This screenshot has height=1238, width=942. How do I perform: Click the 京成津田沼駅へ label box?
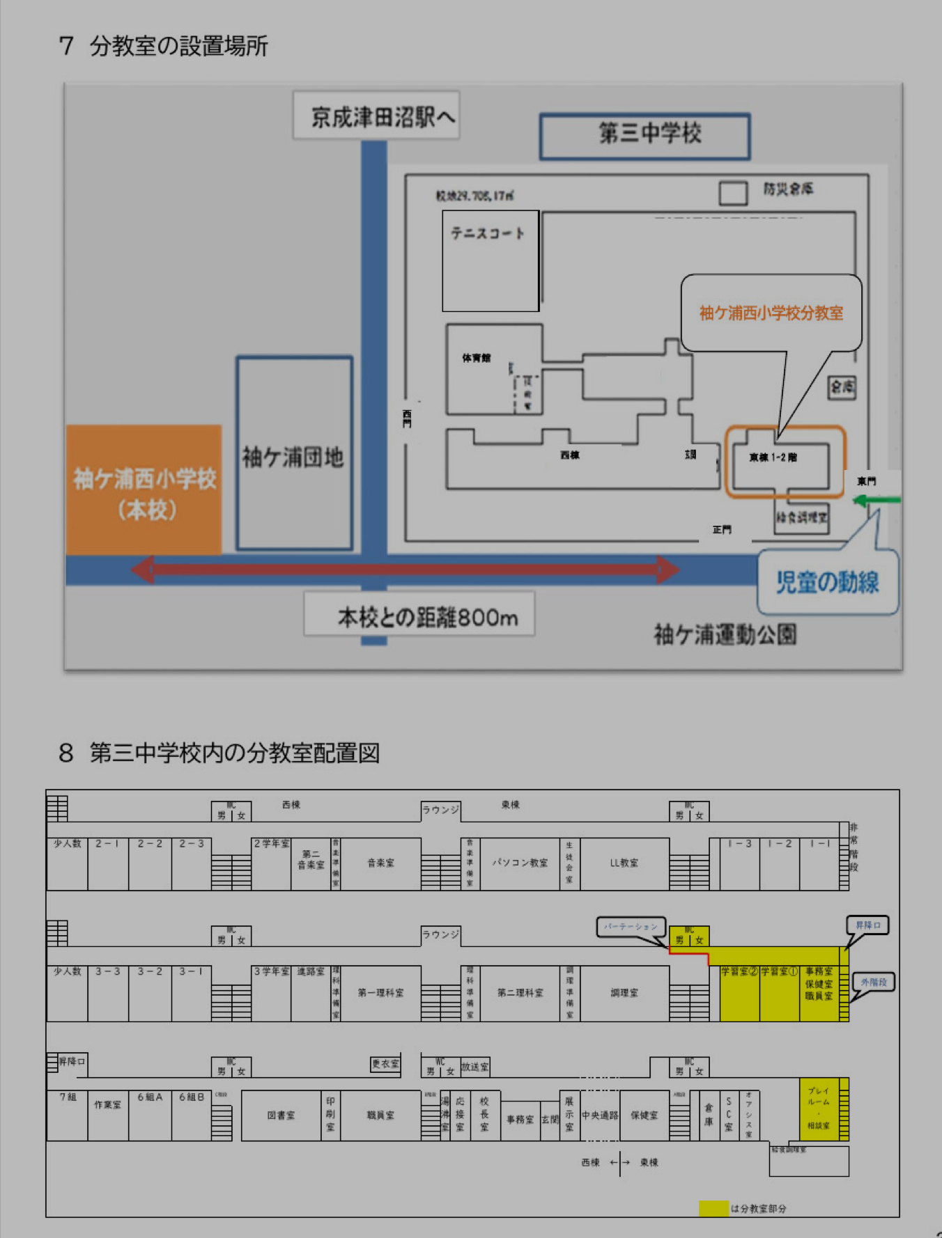pyautogui.click(x=376, y=116)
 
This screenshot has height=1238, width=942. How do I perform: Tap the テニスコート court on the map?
pyautogui.click(x=490, y=261)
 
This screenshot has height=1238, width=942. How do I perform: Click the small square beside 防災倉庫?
pyautogui.click(x=733, y=193)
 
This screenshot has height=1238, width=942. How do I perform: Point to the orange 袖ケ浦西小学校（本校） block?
pyautogui.click(x=144, y=490)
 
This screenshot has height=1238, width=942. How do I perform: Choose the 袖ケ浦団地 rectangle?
pyautogui.click(x=294, y=454)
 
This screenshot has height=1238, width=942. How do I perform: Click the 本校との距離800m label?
pyautogui.click(x=419, y=616)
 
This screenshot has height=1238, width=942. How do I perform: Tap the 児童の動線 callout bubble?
pyautogui.click(x=828, y=582)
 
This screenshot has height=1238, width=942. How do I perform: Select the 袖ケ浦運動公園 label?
pyautogui.click(x=725, y=634)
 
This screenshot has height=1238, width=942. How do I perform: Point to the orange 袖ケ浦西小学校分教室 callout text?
pyautogui.click(x=771, y=313)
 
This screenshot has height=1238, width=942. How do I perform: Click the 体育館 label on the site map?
pyautogui.click(x=477, y=358)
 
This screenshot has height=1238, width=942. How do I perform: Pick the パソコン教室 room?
pyautogui.click(x=520, y=863)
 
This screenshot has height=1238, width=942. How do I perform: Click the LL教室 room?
pyautogui.click(x=624, y=863)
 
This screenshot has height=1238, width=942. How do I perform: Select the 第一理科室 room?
pyautogui.click(x=380, y=993)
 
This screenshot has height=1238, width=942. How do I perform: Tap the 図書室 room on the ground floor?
pyautogui.click(x=281, y=1115)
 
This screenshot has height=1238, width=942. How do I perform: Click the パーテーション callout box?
pyautogui.click(x=631, y=927)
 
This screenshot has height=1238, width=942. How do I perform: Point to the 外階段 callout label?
pyautogui.click(x=874, y=982)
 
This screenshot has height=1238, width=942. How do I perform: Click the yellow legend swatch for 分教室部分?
pyautogui.click(x=713, y=1208)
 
